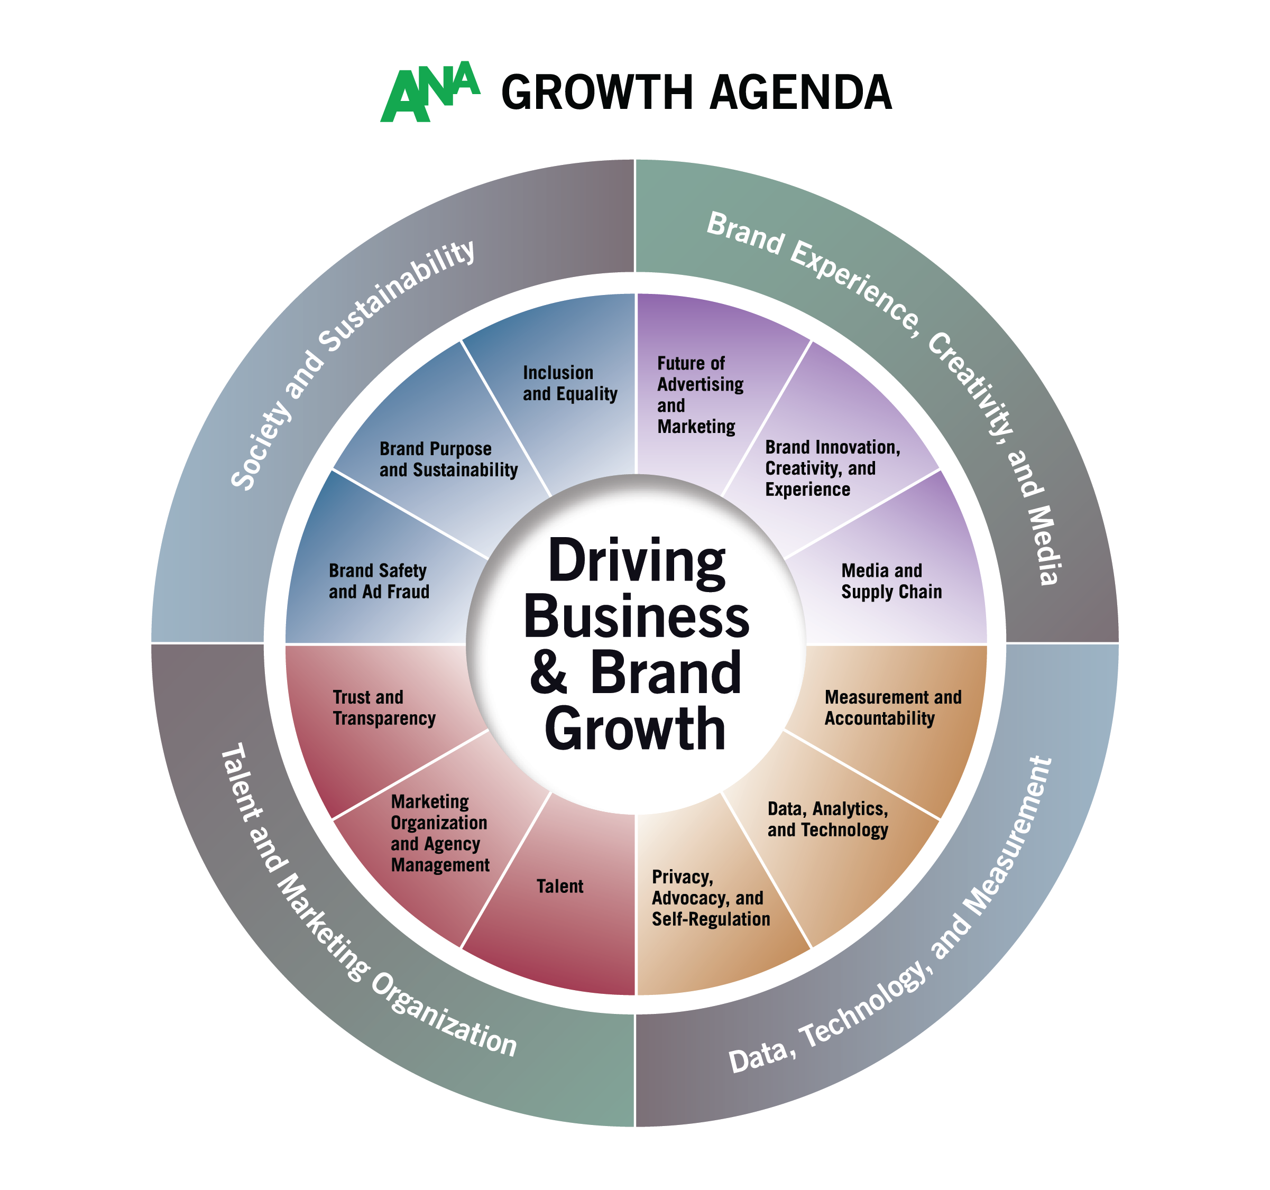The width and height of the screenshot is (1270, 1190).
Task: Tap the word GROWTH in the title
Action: [597, 93]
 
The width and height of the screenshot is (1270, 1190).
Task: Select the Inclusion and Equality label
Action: [570, 383]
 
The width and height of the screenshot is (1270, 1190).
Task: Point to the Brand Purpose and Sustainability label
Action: [448, 459]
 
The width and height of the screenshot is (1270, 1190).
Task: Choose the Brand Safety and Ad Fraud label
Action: [379, 582]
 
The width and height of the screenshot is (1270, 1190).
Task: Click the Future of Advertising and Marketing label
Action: [700, 395]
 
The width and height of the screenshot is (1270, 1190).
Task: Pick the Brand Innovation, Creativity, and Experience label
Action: [832, 468]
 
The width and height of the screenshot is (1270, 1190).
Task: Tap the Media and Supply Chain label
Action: [890, 582]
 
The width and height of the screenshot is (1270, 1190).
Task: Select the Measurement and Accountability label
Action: [892, 708]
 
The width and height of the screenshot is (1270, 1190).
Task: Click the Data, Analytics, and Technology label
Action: [827, 819]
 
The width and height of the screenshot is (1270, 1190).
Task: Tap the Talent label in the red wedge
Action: [559, 887]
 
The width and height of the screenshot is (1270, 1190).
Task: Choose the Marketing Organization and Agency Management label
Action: [439, 833]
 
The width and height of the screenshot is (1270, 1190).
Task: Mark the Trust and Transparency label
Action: [384, 708]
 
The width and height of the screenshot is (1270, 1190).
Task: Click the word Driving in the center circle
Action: [636, 562]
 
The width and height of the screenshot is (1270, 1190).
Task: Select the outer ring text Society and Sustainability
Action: [352, 364]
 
